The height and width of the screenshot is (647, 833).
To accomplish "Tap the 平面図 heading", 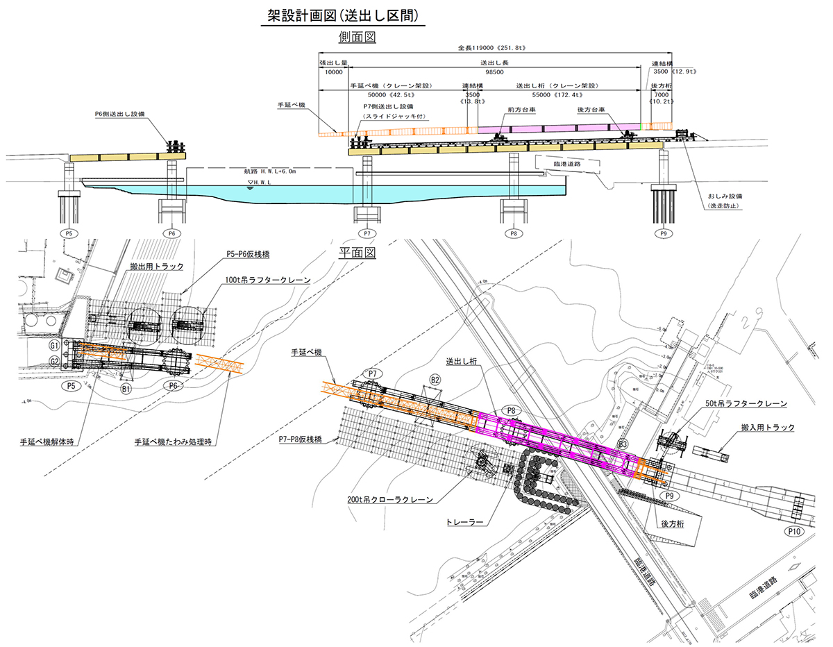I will pyautogui.click(x=357, y=254).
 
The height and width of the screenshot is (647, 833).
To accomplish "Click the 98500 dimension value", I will pyautogui.click(x=494, y=72).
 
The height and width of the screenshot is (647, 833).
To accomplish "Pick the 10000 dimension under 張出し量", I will pyautogui.click(x=334, y=72).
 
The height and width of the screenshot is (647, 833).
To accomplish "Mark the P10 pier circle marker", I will pyautogui.click(x=795, y=531).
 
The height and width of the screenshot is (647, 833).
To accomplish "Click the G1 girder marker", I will pyautogui.click(x=53, y=344).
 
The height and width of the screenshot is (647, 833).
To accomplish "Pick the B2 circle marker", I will pyautogui.click(x=435, y=380).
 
